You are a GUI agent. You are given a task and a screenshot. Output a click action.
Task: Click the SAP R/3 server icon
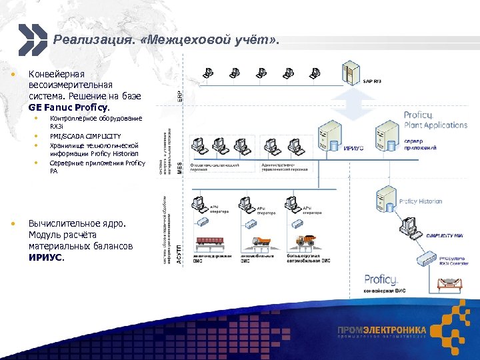[350, 75]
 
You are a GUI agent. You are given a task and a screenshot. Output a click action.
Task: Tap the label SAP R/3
[373, 81]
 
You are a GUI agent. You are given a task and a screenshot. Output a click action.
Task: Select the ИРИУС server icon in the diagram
[329, 135]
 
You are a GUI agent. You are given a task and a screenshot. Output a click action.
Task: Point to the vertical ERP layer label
[179, 96]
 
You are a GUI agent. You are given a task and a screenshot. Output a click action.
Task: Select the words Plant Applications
[435, 125]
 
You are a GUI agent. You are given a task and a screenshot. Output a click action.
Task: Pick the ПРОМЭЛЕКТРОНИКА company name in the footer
[381, 330]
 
